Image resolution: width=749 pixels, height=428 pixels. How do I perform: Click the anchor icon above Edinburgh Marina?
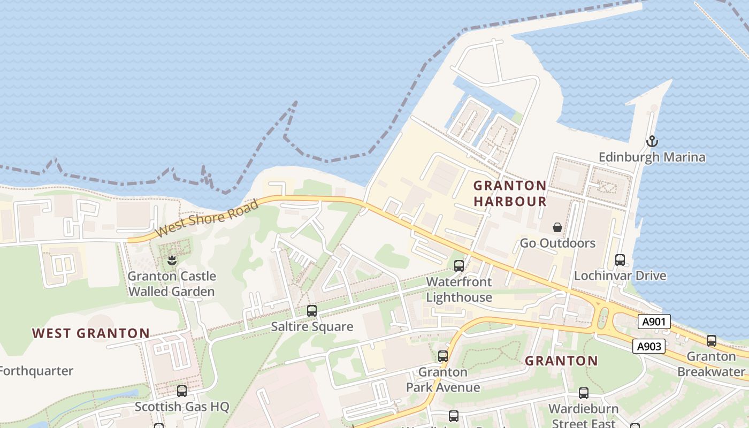[x=652, y=142]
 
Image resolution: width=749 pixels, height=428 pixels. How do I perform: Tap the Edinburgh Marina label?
[x=652, y=157]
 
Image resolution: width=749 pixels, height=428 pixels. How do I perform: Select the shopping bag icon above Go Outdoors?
[x=557, y=227]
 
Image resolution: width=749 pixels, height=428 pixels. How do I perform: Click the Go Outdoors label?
[x=557, y=243]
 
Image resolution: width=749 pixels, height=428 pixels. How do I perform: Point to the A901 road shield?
[x=654, y=321]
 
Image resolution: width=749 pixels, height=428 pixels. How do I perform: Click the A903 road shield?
[x=649, y=346]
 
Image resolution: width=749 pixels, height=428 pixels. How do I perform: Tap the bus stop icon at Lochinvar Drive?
[x=620, y=260]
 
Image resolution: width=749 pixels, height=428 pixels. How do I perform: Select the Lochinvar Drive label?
[x=620, y=276]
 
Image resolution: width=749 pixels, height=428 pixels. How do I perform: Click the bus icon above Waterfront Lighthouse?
[x=458, y=265]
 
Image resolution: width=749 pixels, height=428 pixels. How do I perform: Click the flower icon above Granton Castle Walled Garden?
[x=171, y=261]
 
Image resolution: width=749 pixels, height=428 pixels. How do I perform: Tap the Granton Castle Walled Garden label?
[x=171, y=284]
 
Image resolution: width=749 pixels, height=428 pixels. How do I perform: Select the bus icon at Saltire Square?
[x=312, y=311]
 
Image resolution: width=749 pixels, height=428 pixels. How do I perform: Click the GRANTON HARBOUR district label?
[x=510, y=193]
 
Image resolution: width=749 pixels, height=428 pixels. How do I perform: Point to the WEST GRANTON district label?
[x=91, y=333]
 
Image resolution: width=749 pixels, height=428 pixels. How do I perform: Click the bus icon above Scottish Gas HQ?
[x=182, y=391]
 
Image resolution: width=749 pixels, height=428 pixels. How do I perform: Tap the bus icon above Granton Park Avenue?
[x=443, y=356]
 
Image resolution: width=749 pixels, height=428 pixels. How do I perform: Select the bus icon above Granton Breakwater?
[x=712, y=340]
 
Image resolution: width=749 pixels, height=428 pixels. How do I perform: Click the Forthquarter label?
[x=36, y=370]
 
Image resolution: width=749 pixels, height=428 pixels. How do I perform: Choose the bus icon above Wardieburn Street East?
[x=584, y=393]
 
